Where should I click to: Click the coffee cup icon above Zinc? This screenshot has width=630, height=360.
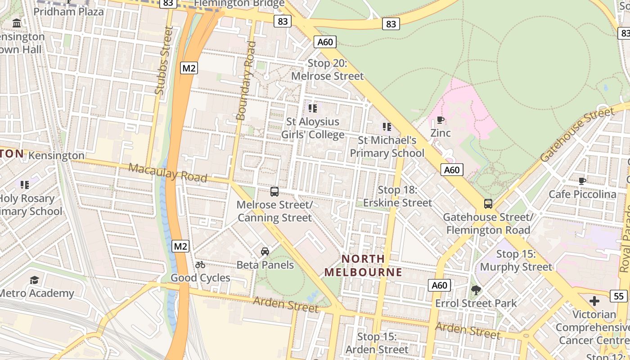441,120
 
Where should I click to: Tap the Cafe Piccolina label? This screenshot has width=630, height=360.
582,194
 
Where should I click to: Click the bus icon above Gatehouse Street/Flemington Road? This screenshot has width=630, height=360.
488,204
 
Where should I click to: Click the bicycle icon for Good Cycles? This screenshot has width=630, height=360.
200,265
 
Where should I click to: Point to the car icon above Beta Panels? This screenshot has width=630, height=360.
265,252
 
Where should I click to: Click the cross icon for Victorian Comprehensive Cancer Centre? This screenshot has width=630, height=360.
594,301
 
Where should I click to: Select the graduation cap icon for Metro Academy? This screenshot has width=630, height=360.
35,280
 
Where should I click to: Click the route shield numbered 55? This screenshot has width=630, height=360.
619,296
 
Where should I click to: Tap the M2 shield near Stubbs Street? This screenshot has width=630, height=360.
189,68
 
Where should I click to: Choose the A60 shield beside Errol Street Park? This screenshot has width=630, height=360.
439,285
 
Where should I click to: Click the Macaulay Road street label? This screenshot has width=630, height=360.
168,173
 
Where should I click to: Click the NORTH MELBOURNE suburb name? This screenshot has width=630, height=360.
363,265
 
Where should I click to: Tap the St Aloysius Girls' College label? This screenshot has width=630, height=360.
313,128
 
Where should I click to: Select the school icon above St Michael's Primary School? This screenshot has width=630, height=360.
387,127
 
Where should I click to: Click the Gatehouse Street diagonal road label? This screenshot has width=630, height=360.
577,135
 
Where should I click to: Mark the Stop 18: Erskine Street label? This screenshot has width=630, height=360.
398,196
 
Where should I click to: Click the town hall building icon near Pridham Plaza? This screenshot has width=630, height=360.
17,23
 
